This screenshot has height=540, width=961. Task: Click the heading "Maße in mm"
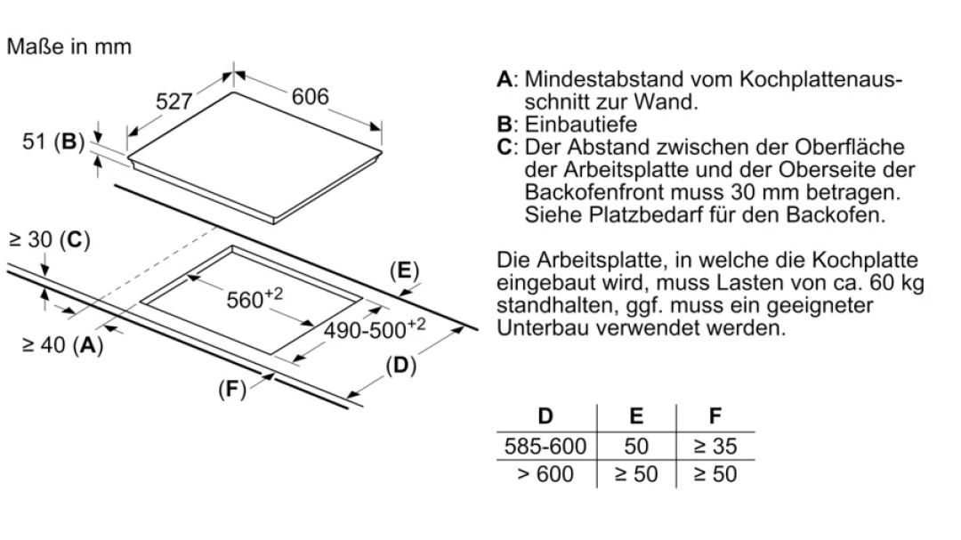pyautogui.click(x=69, y=46)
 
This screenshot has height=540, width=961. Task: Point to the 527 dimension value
pyautogui.click(x=174, y=101)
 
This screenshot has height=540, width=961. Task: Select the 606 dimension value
pyautogui.click(x=311, y=97)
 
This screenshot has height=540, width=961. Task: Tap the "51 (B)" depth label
pyautogui.click(x=53, y=141)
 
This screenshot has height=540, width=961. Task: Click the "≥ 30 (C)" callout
pyautogui.click(x=50, y=239)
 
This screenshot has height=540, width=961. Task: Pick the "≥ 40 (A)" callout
pyautogui.click(x=62, y=345)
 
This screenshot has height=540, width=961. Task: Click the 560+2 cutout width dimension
pyautogui.click(x=255, y=299)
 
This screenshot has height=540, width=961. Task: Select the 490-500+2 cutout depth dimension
pyautogui.click(x=375, y=329)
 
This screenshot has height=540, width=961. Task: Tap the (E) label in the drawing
pyautogui.click(x=405, y=270)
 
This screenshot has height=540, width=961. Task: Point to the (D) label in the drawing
pyautogui.click(x=400, y=366)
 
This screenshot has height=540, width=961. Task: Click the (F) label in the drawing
pyautogui.click(x=232, y=389)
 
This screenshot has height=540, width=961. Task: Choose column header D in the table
pyautogui.click(x=545, y=416)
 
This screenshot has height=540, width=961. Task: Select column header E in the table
pyautogui.click(x=636, y=416)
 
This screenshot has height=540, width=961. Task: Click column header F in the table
pyautogui.click(x=715, y=416)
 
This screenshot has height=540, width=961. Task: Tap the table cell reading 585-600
pyautogui.click(x=545, y=447)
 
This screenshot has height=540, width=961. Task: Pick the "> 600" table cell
pyautogui.click(x=545, y=474)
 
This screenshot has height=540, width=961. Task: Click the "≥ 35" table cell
pyautogui.click(x=715, y=447)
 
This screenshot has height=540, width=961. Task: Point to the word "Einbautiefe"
pyautogui.click(x=581, y=125)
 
